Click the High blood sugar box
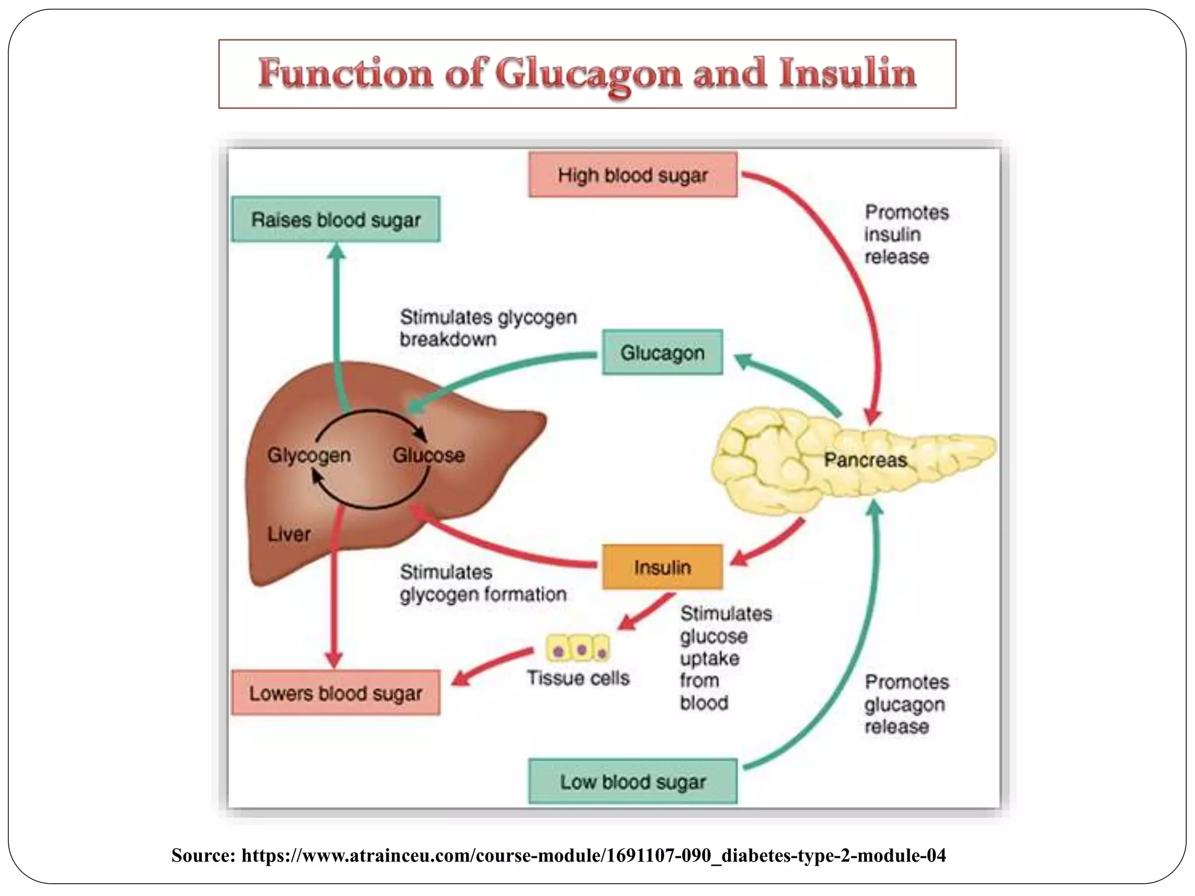(x=633, y=175)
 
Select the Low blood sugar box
(x=633, y=782)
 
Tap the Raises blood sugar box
(x=336, y=220)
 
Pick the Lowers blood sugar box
(x=336, y=693)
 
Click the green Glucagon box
(x=662, y=352)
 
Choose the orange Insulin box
(x=662, y=567)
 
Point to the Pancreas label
(x=865, y=460)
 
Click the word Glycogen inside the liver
(x=309, y=455)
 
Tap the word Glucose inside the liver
(x=429, y=455)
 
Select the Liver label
(x=289, y=534)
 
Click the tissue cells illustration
(x=578, y=648)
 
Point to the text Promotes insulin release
(x=906, y=235)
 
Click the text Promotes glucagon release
(x=906, y=704)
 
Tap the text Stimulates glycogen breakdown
(x=487, y=328)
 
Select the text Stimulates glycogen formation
(x=483, y=583)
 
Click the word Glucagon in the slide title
(x=588, y=75)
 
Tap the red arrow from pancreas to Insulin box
(x=770, y=542)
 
